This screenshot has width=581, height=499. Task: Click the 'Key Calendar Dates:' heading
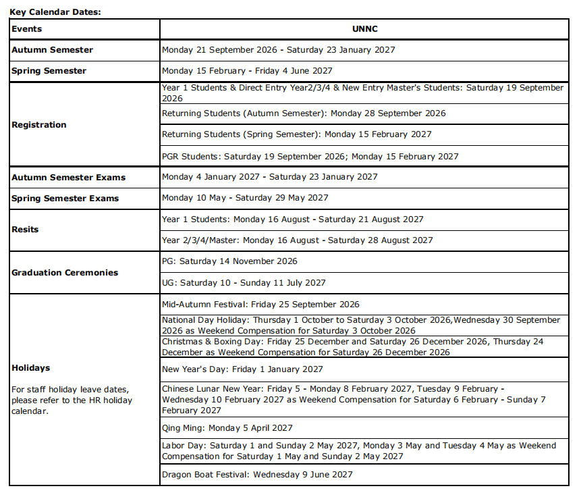pos(55,11)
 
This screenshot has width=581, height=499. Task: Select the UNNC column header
pos(364,29)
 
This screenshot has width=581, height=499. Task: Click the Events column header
pos(27,29)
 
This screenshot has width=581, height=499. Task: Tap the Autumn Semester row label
pos(53,50)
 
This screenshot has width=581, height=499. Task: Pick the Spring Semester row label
pos(49,71)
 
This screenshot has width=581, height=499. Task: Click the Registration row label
pos(39,125)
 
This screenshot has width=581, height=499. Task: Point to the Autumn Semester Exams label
pos(69,178)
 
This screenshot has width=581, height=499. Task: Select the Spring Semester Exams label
pos(65,199)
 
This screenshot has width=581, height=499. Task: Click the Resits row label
pos(26,230)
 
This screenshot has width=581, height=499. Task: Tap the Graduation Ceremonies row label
pos(65,273)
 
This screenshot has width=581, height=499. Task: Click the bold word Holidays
pos(31,368)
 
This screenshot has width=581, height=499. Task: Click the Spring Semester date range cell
pos(247,71)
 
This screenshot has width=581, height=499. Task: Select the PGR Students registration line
pos(310,157)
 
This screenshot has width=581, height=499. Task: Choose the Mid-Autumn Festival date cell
pos(260,305)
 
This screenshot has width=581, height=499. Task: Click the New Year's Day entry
pos(242,369)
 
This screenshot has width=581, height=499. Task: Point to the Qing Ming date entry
pos(227,428)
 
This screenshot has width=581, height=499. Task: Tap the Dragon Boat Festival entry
pos(257,475)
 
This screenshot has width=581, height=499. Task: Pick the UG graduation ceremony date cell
pos(244,283)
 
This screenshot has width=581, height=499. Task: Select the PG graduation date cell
pos(229,261)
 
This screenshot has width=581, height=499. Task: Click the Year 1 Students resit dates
pos(293,219)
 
